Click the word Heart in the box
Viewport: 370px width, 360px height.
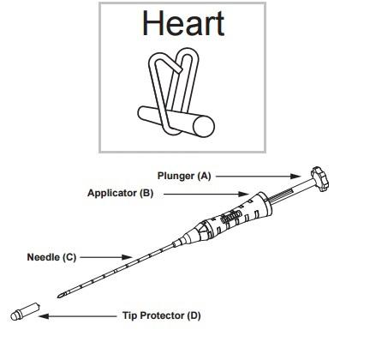(183, 23)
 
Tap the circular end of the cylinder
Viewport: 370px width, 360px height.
(204, 126)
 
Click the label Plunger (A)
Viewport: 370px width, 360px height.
(184, 176)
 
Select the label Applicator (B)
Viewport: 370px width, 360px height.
(120, 193)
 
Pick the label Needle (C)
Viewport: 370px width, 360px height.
(51, 257)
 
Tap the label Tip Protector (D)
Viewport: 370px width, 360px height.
(162, 315)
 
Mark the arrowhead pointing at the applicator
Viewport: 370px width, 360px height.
(243, 195)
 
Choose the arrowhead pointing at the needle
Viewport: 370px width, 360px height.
(127, 257)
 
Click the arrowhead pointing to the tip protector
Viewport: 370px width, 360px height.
(44, 316)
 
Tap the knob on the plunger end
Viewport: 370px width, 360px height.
(319, 179)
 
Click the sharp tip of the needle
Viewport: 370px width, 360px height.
(58, 297)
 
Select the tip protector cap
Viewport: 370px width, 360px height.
(25, 311)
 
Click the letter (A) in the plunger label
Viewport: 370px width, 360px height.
(205, 176)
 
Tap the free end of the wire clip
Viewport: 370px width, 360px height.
(179, 69)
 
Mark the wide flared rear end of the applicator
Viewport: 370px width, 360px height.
(263, 204)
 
